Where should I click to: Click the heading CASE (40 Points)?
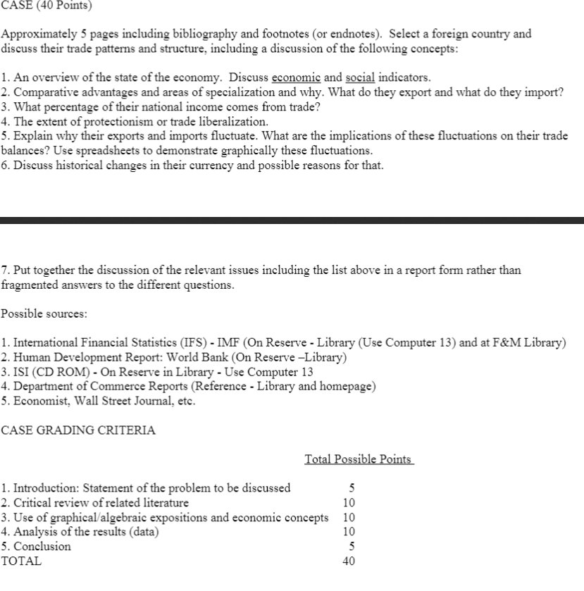coord(47,6)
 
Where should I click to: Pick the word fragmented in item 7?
coord(30,285)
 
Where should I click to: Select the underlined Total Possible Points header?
coord(359,459)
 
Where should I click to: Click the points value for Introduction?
coord(351,487)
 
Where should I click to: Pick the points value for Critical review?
coord(348,502)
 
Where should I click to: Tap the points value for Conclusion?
coord(351,546)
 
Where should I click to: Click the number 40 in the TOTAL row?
coord(348,561)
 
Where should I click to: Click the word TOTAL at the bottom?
coord(21,561)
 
